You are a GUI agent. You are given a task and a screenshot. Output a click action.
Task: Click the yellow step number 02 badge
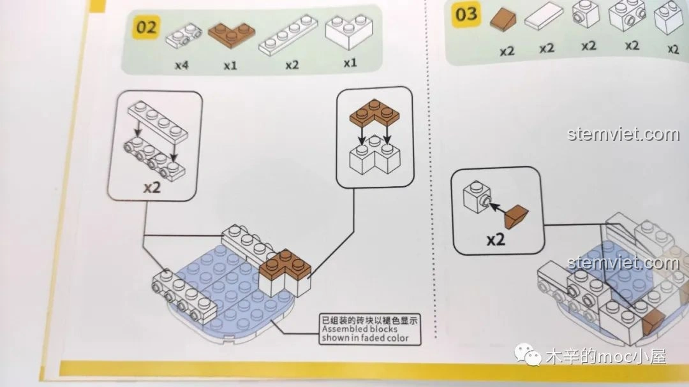pyautogui.click(x=146, y=27)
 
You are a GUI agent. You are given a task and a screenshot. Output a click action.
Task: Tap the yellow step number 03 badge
pyautogui.click(x=466, y=13)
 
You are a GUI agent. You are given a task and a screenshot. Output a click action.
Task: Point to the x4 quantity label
pyautogui.click(x=182, y=64)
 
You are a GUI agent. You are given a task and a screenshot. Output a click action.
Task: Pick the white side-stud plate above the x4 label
pyautogui.click(x=184, y=36)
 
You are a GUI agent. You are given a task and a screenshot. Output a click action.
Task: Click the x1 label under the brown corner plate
pyautogui.click(x=230, y=64)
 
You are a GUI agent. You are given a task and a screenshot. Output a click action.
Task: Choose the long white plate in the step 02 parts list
pyautogui.click(x=287, y=38)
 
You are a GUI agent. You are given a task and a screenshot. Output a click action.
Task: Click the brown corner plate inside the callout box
pyautogui.click(x=374, y=113)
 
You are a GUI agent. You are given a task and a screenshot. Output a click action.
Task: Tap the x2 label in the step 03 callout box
pyautogui.click(x=496, y=240)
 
